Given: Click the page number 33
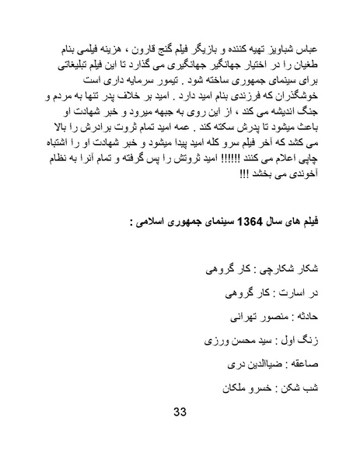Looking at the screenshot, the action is pyautogui.click(x=180, y=433).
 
